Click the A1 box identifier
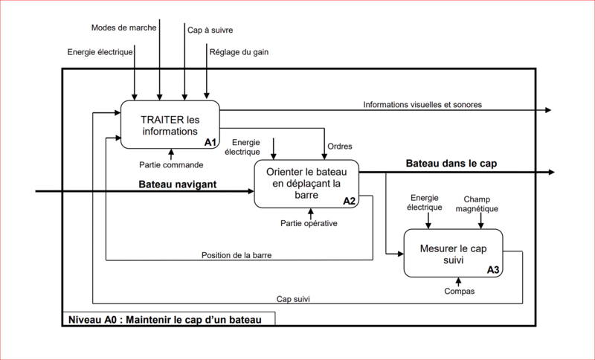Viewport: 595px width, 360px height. [x=210, y=142]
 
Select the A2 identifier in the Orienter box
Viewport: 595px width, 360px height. [x=349, y=201]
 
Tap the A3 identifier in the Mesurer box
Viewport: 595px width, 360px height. [x=493, y=270]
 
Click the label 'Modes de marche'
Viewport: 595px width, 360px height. [x=123, y=28]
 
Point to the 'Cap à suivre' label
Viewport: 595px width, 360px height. [x=210, y=30]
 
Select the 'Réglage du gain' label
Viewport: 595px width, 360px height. [x=239, y=52]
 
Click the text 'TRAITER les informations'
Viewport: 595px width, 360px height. [x=170, y=126]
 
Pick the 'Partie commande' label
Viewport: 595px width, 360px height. [x=171, y=165]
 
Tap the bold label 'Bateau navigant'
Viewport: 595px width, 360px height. [x=178, y=184]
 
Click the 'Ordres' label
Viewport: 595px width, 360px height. [x=340, y=147]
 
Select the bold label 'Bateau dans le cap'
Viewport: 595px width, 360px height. [x=451, y=164]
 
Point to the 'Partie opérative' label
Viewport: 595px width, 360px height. [x=309, y=223]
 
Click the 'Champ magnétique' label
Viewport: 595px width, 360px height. [x=477, y=204]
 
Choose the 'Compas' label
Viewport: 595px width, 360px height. [x=460, y=292]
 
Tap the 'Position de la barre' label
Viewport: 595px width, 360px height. [x=237, y=255]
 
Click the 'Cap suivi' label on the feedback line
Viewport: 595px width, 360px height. [x=293, y=299]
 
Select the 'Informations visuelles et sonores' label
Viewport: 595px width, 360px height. [x=422, y=105]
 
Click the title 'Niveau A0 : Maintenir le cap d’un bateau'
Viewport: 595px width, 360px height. [x=164, y=320]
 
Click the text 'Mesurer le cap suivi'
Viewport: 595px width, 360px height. [x=454, y=254]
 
